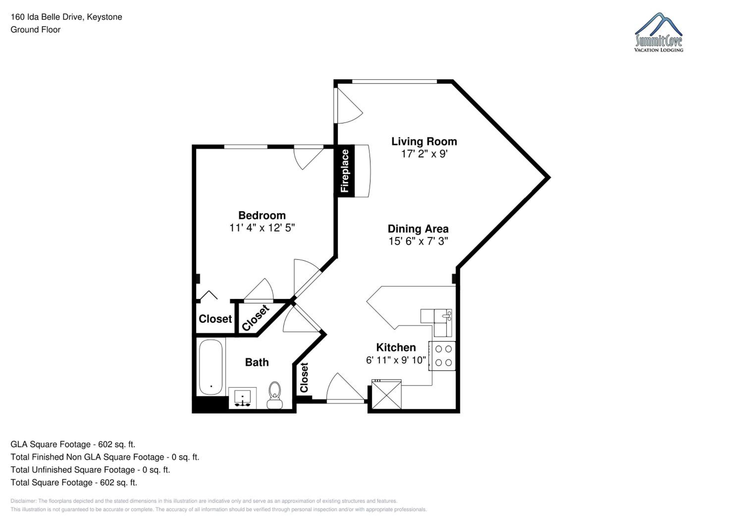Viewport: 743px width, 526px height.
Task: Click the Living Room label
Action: point(424,142)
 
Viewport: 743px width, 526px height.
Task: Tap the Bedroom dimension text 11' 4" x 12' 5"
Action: point(262,228)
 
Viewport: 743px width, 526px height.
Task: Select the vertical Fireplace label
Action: point(345,171)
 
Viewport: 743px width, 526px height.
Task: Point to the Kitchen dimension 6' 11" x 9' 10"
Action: point(396,360)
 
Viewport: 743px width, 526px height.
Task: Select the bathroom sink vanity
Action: point(242,398)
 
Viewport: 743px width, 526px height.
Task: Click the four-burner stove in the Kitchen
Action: point(442,356)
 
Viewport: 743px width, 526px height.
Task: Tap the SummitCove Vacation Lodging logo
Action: point(659,32)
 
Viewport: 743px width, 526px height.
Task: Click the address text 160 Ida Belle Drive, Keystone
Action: point(66,17)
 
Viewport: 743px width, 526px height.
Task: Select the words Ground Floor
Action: point(36,29)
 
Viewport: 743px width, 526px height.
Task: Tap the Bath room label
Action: point(257,362)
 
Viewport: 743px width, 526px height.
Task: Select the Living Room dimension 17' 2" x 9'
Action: point(424,154)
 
